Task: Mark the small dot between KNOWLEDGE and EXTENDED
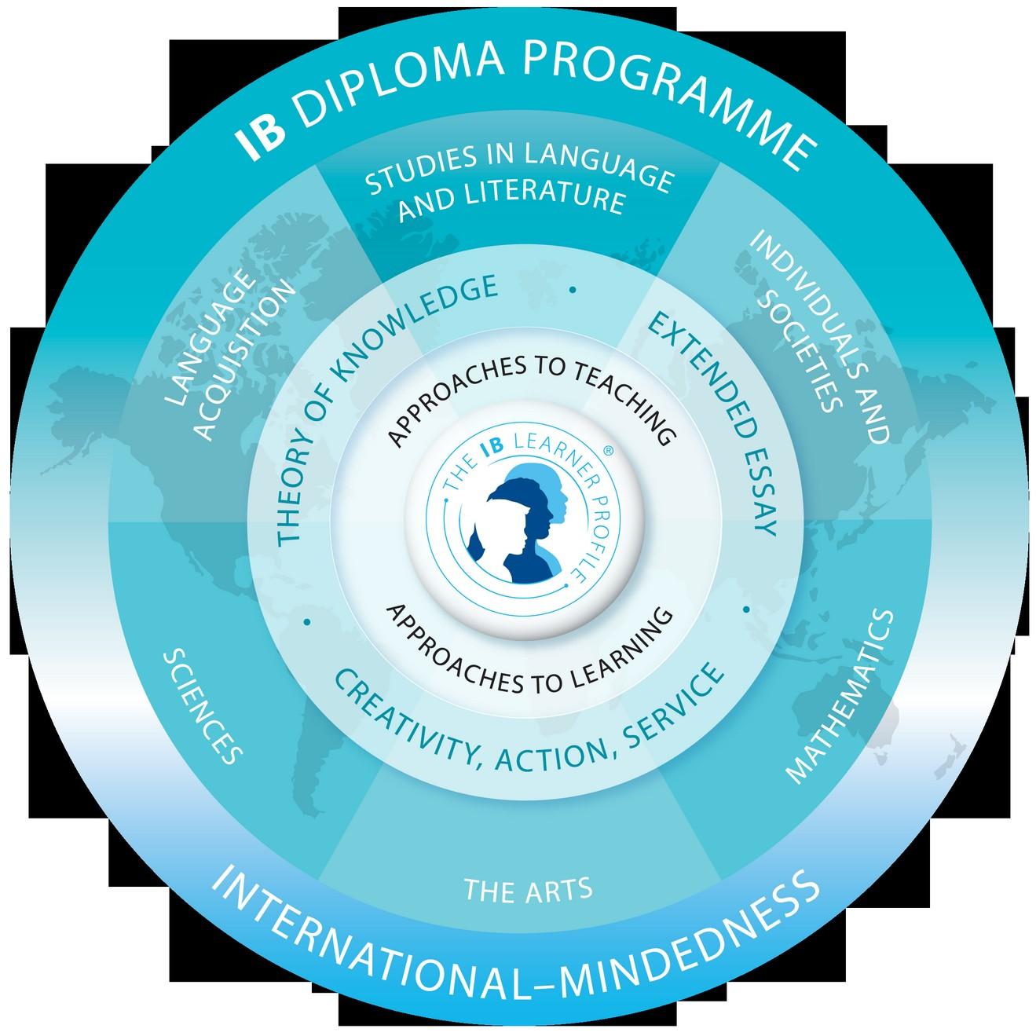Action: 573,290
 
